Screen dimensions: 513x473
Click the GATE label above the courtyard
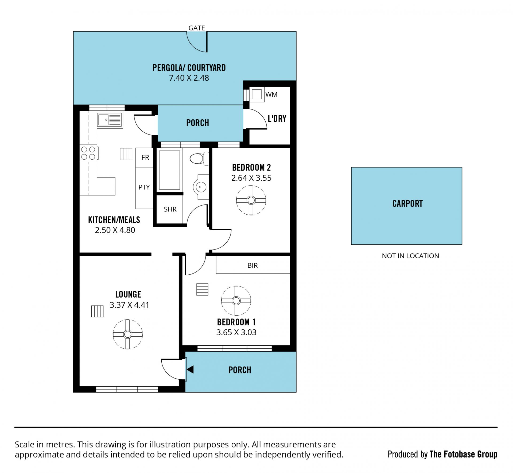pos(197,28)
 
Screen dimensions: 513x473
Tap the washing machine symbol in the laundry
pos(257,94)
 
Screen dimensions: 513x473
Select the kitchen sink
pos(110,120)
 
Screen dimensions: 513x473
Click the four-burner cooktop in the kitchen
pos(88,153)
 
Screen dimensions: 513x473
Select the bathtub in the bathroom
pos(169,170)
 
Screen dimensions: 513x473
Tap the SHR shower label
pos(170,209)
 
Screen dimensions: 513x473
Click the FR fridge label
pos(145,157)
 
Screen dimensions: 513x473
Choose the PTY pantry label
pos(144,187)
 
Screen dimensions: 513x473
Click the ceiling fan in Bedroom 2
pos(251,200)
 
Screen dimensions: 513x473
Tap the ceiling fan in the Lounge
pos(128,334)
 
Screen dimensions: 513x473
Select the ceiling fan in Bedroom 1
pos(236,301)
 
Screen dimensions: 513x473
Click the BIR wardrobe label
pos(252,265)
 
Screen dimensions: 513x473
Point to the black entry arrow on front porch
pos(190,370)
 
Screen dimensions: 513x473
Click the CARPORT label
pos(407,204)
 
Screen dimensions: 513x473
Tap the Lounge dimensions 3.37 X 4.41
pos(129,305)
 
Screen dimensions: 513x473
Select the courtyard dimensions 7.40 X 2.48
pos(189,78)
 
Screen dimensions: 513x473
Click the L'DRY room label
pos(277,119)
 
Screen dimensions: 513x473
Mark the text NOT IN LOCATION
pos(410,256)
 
